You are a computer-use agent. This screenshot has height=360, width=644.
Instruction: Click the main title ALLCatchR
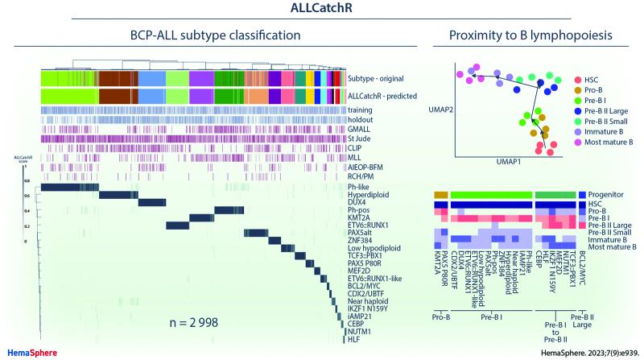(322, 10)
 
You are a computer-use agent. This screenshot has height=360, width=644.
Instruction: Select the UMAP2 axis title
(437, 108)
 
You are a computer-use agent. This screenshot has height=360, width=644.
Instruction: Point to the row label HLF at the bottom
(354, 338)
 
